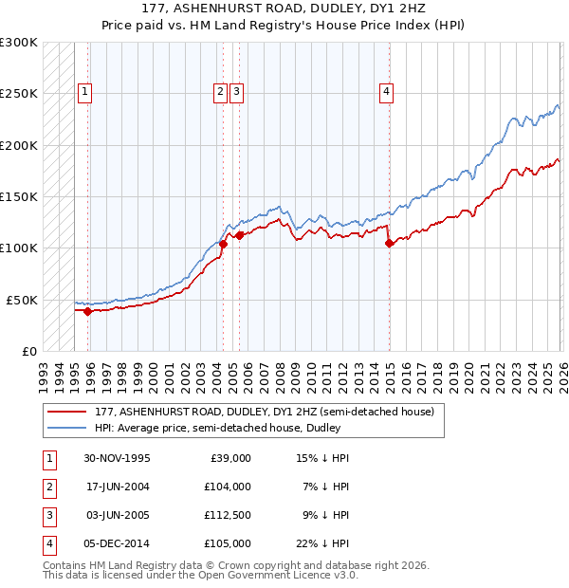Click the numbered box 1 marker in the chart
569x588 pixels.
tap(85, 92)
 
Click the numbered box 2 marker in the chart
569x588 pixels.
tap(220, 92)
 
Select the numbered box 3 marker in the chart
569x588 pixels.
tap(236, 92)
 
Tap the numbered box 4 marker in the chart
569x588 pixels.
tap(387, 92)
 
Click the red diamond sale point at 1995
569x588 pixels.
tap(87, 310)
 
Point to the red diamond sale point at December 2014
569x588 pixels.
tap(390, 243)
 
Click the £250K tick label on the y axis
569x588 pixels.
tap(19, 94)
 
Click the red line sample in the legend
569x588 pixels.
tap(65, 412)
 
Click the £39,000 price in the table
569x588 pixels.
tap(229, 457)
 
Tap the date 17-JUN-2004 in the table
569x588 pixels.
tap(117, 486)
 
